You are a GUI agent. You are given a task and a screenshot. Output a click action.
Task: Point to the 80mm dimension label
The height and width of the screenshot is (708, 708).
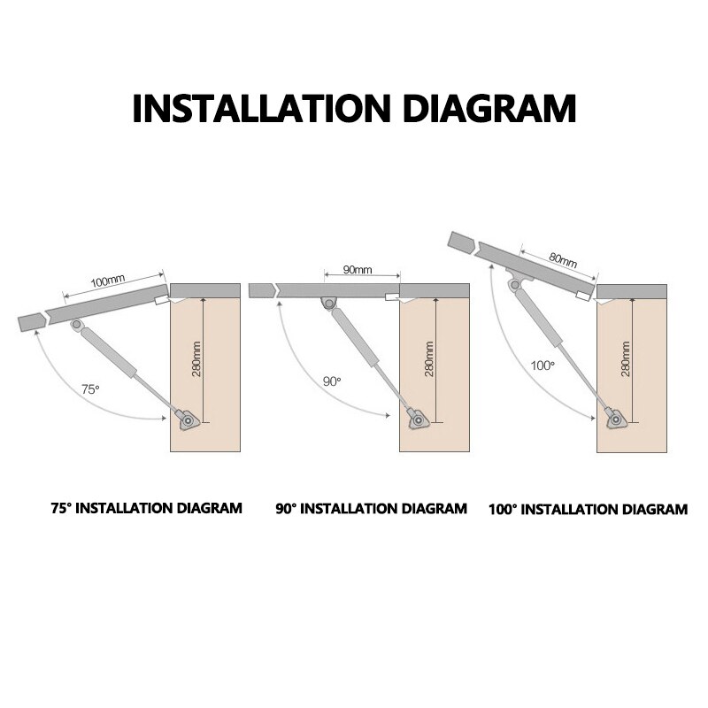pyautogui.click(x=562, y=260)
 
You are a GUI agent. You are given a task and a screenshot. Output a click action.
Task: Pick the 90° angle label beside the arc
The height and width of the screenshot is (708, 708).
pyautogui.click(x=331, y=381)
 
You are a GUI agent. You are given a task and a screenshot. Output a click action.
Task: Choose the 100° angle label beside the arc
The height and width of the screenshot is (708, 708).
pyautogui.click(x=542, y=365)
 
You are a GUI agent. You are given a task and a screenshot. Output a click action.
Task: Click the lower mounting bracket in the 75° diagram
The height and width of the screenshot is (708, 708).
pyautogui.click(x=187, y=419)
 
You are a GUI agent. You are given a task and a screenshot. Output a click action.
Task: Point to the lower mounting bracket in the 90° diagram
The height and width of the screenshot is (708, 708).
pyautogui.click(x=415, y=419)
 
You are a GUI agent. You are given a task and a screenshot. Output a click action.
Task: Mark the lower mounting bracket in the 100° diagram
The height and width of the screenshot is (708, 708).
pyautogui.click(x=612, y=419)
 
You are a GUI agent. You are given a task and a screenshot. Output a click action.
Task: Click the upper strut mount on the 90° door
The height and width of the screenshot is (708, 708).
pyautogui.click(x=328, y=304)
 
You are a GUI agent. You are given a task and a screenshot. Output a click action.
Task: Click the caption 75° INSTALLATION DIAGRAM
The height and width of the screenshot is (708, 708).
pyautogui.click(x=146, y=508)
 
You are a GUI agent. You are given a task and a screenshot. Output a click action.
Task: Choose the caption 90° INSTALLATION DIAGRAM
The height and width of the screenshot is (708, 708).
pyautogui.click(x=371, y=509)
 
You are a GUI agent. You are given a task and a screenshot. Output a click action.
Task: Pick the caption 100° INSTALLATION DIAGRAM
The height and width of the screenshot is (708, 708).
pyautogui.click(x=588, y=510)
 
